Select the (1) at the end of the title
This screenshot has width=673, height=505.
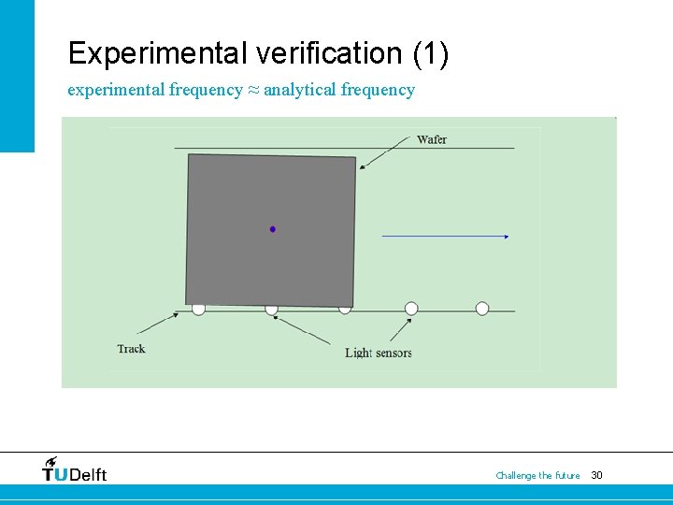[430, 53]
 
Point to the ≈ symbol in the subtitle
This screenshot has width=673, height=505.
[252, 90]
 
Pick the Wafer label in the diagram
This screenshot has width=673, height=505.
[432, 139]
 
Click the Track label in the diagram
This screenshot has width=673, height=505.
[132, 349]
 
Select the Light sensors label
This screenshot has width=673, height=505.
[379, 353]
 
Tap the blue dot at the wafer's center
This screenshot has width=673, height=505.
[273, 228]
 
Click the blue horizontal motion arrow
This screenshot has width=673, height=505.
[445, 237]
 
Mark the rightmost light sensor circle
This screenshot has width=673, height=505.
[482, 309]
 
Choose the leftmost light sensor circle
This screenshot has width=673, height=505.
[198, 309]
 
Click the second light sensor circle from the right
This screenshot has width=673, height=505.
[411, 309]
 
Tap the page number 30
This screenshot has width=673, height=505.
[597, 475]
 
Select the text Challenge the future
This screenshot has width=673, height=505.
[537, 475]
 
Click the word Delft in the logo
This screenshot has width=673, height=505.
[89, 474]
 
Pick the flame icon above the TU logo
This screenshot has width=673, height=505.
[50, 461]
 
